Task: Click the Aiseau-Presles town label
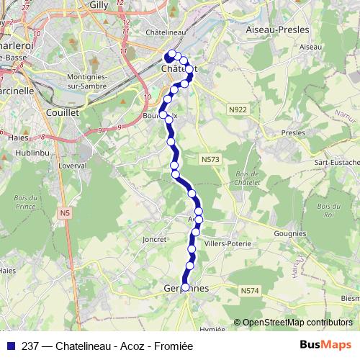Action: click(277, 30)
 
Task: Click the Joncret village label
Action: click(155, 238)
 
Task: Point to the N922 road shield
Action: click(237, 109)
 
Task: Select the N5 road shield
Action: click(66, 213)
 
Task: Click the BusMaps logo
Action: click(325, 344)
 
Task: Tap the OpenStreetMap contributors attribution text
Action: click(297, 323)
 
